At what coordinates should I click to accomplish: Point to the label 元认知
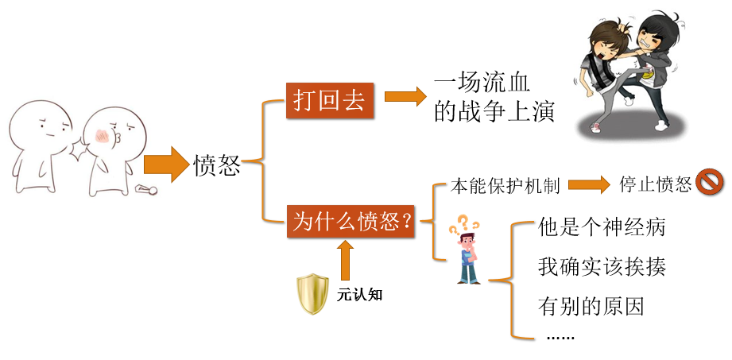[x=360, y=294]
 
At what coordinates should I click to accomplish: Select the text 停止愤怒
[x=656, y=184]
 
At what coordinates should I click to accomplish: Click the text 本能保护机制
[x=505, y=186]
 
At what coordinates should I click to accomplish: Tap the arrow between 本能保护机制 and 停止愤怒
[x=589, y=185]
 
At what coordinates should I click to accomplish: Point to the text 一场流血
[x=482, y=83]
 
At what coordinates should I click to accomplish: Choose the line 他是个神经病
[x=601, y=228]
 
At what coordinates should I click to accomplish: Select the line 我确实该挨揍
[x=601, y=266]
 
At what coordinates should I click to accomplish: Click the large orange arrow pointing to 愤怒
[x=164, y=165]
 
